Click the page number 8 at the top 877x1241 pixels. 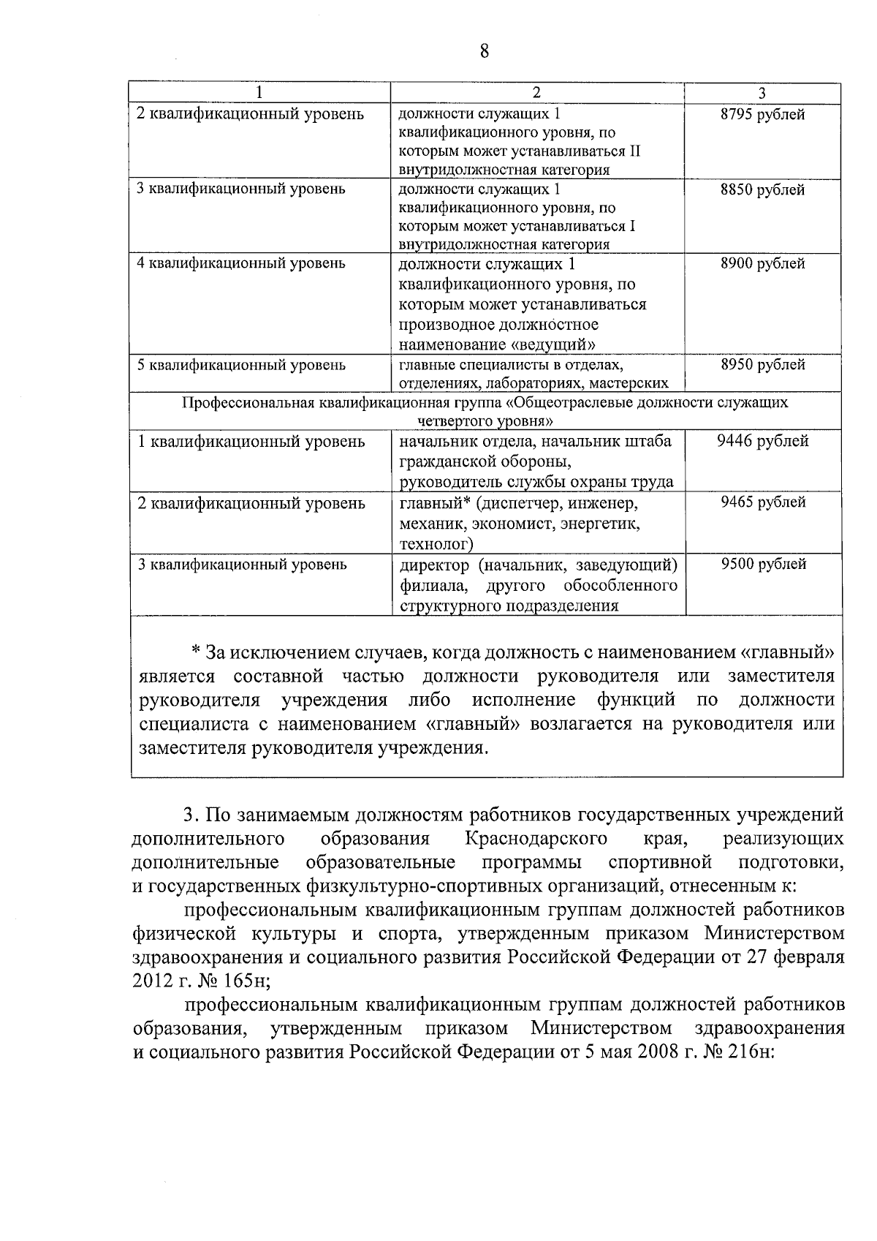(x=484, y=50)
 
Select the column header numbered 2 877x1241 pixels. (x=536, y=93)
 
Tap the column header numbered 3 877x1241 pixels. (x=762, y=93)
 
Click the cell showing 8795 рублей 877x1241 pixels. (x=763, y=115)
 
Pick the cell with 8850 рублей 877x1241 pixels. (x=763, y=189)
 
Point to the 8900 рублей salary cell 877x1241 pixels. (x=763, y=264)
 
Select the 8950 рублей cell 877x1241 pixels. (x=763, y=364)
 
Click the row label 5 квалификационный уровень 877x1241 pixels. (x=242, y=364)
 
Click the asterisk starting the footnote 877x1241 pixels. (x=195, y=651)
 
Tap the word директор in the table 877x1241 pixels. (x=435, y=565)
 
